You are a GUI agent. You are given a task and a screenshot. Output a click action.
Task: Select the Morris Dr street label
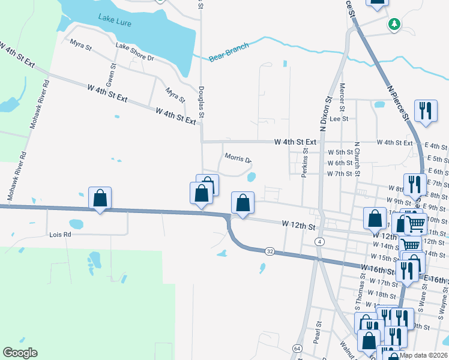pos(238,159)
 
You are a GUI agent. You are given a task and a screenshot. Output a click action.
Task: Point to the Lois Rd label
pos(60,235)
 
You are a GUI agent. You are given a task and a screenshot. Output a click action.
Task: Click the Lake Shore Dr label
pos(135,53)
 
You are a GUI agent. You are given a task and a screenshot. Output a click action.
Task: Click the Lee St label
pos(339,119)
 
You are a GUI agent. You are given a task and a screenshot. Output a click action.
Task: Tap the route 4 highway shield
pos(320,241)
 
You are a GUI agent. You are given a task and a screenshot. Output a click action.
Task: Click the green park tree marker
pos(394,25)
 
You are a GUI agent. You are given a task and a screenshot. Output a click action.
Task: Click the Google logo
pos(20,353)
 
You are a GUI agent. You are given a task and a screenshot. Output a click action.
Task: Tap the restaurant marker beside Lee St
pos(426,111)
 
